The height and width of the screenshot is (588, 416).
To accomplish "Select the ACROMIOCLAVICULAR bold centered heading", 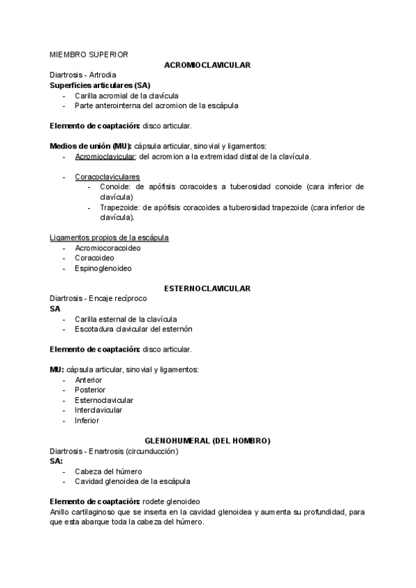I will [207, 64].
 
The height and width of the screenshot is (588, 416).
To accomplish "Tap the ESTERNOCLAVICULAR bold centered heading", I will [207, 288].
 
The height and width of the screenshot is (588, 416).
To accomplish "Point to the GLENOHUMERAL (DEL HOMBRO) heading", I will [207, 441].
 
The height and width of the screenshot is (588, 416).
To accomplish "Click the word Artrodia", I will [102, 75].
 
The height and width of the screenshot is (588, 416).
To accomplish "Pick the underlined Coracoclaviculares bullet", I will [107, 177].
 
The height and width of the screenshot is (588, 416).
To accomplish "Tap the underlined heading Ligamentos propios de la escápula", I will [110, 238].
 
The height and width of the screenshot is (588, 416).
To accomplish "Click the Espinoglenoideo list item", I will [103, 268].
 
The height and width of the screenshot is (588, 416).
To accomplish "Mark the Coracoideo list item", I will [95, 258].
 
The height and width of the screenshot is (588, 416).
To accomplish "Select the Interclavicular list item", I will [98, 410].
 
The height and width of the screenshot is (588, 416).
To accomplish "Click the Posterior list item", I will [90, 390].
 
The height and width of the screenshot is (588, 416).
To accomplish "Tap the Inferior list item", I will [87, 420].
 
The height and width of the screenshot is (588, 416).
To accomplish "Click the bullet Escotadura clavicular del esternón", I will [133, 329].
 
